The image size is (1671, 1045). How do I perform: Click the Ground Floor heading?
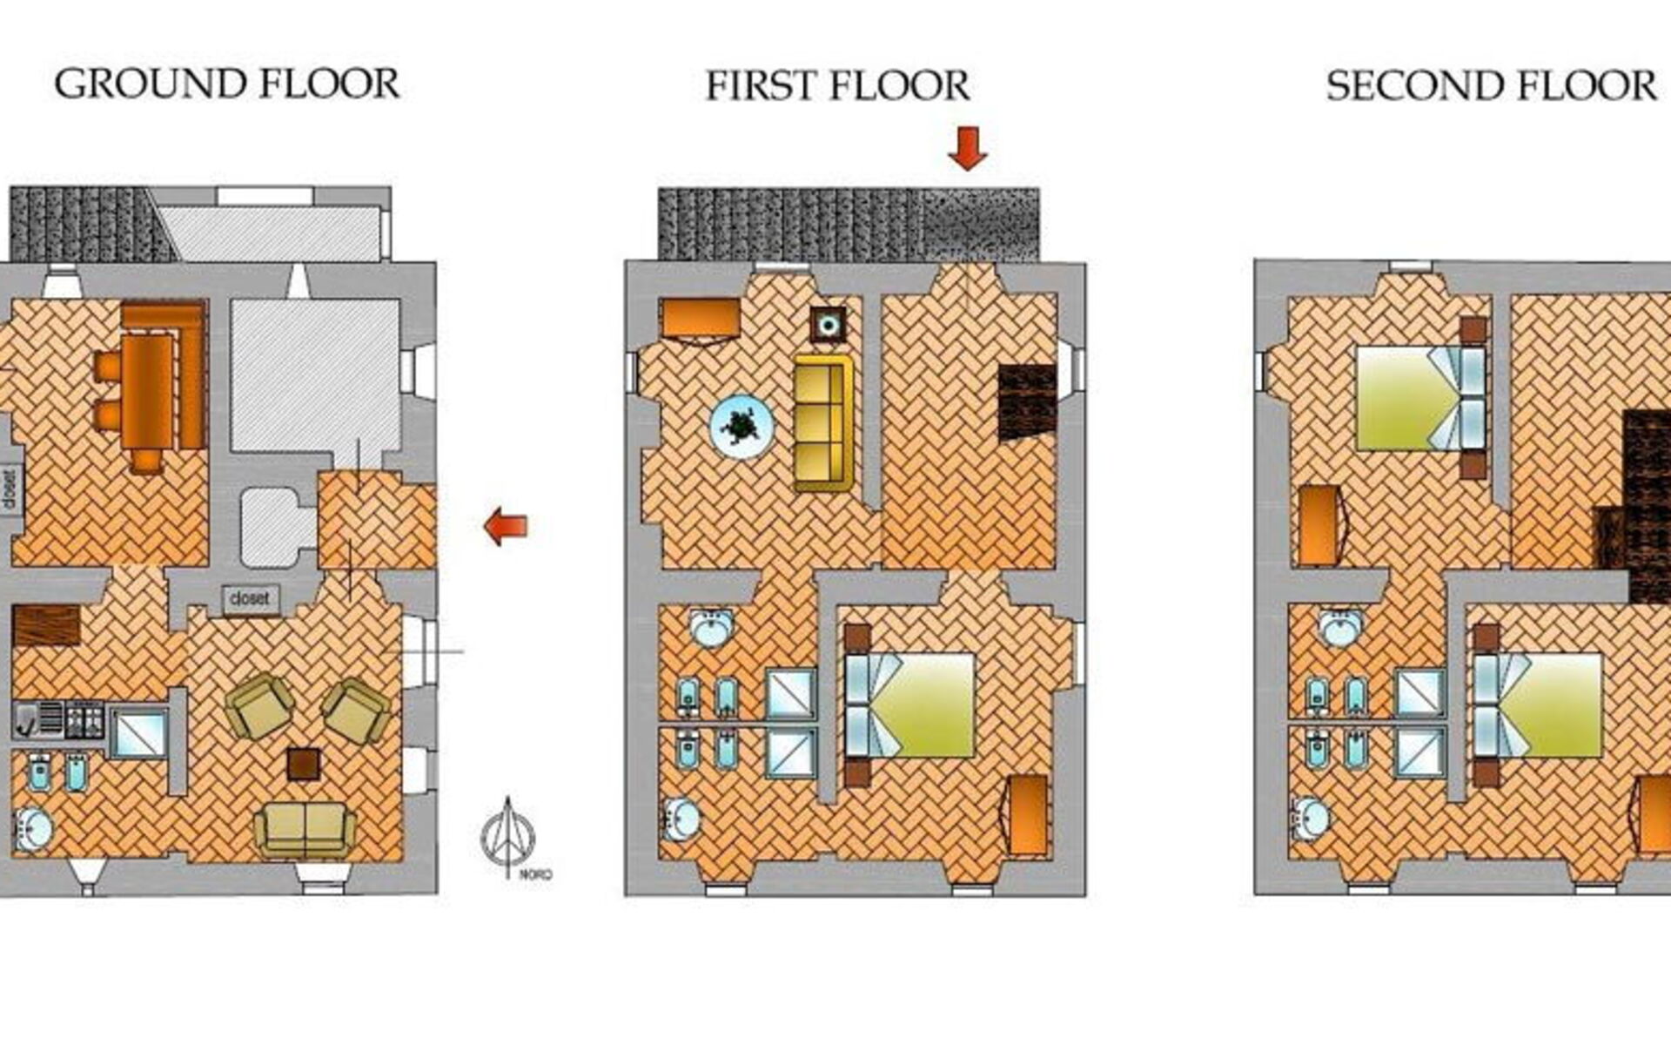(x=227, y=84)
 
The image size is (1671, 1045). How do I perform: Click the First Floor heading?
(x=837, y=86)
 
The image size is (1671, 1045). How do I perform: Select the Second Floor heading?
(x=1491, y=86)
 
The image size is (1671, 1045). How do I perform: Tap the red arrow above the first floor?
(x=967, y=148)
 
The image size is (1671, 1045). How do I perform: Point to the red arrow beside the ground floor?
(x=506, y=526)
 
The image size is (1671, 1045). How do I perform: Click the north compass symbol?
(x=510, y=836)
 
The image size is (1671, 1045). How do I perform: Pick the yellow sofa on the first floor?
(x=822, y=423)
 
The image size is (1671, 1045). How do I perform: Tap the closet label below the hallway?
(x=251, y=599)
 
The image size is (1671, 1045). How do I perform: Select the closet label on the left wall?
(x=10, y=490)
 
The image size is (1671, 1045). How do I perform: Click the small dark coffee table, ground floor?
(x=303, y=764)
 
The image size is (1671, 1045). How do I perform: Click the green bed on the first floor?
(x=909, y=705)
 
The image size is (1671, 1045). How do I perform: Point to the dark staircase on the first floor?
(x=1027, y=401)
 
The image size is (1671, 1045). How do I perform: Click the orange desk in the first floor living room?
(x=701, y=319)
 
